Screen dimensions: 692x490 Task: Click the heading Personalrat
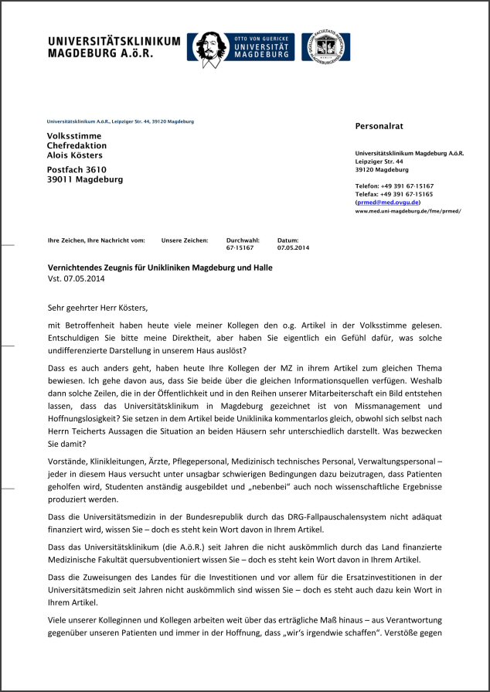pyautogui.click(x=379, y=125)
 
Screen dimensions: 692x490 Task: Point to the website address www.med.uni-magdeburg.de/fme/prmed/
pyautogui.click(x=407, y=210)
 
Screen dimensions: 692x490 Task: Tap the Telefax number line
pyautogui.click(x=394, y=193)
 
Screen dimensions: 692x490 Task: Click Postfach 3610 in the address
pyautogui.click(x=77, y=169)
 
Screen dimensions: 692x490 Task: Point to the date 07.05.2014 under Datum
pyautogui.click(x=293, y=248)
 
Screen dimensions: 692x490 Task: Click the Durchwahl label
pyautogui.click(x=241, y=240)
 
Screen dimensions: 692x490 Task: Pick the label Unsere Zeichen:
pyautogui.click(x=185, y=240)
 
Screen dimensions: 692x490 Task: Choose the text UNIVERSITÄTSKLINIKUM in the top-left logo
pyautogui.click(x=114, y=41)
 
